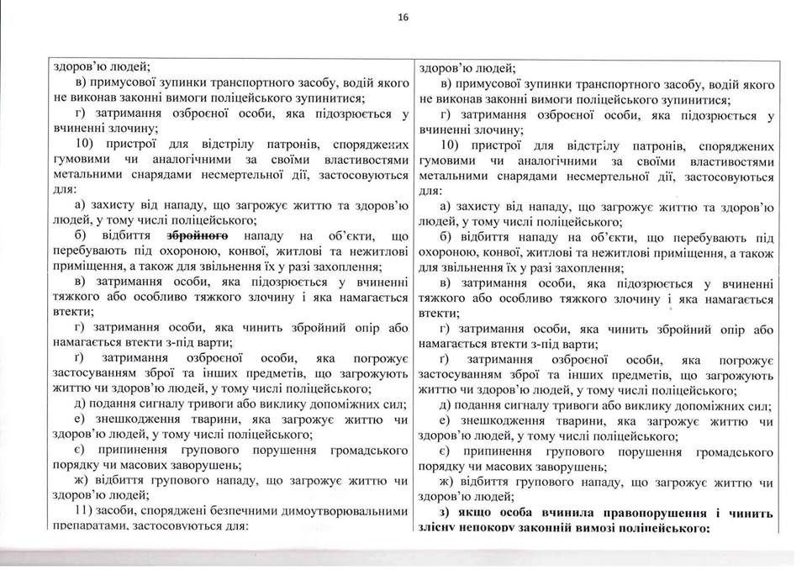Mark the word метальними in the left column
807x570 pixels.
tap(83, 177)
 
